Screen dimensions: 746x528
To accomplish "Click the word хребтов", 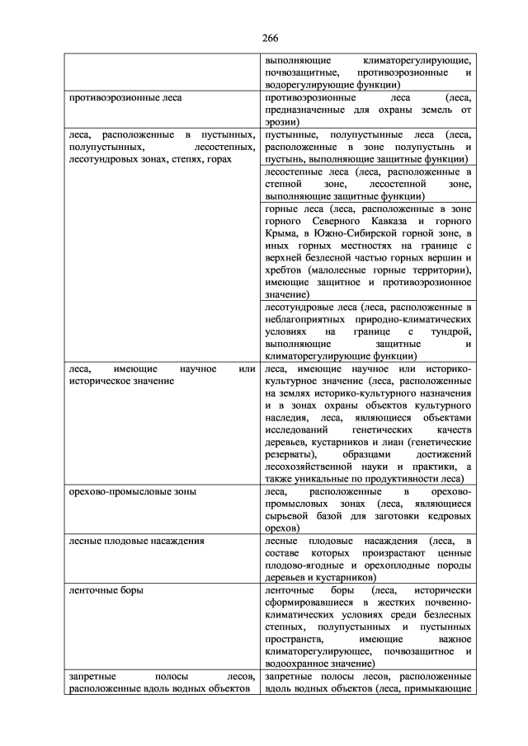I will coord(282,270).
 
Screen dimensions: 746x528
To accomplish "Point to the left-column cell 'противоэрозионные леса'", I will coord(125,97).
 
